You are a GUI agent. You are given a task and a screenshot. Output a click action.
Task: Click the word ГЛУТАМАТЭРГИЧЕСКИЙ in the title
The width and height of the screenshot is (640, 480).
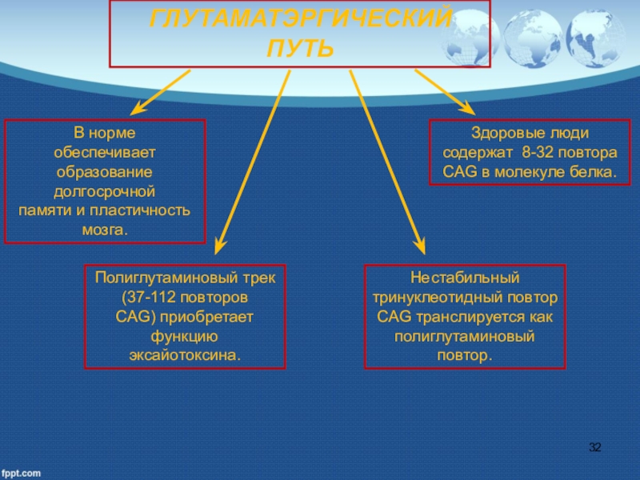click(299, 18)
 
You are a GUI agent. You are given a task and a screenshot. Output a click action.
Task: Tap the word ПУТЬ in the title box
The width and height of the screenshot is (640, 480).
click(299, 50)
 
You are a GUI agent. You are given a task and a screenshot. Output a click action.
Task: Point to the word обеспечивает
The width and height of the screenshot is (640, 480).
click(105, 151)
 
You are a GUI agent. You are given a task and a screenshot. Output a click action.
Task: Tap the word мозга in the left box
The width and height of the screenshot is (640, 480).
click(103, 230)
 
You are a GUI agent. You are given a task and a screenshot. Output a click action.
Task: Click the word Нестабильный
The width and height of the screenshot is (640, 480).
click(465, 278)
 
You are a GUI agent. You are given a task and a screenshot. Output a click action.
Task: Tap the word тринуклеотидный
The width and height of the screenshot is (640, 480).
click(437, 297)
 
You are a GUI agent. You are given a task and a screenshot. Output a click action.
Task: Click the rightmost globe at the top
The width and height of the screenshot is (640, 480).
click(595, 36)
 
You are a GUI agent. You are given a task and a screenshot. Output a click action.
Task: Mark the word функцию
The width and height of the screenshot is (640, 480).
click(185, 335)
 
